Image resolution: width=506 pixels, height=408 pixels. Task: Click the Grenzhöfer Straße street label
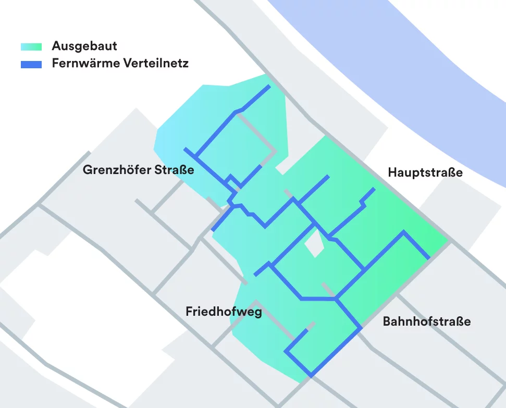(138, 170)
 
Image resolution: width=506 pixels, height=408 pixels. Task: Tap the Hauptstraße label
(425, 172)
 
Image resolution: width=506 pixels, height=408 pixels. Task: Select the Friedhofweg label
(224, 312)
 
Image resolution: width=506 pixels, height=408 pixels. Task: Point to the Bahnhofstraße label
(426, 321)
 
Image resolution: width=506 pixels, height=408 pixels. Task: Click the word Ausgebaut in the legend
(84, 46)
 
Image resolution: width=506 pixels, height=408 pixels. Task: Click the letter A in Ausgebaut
(56, 46)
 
